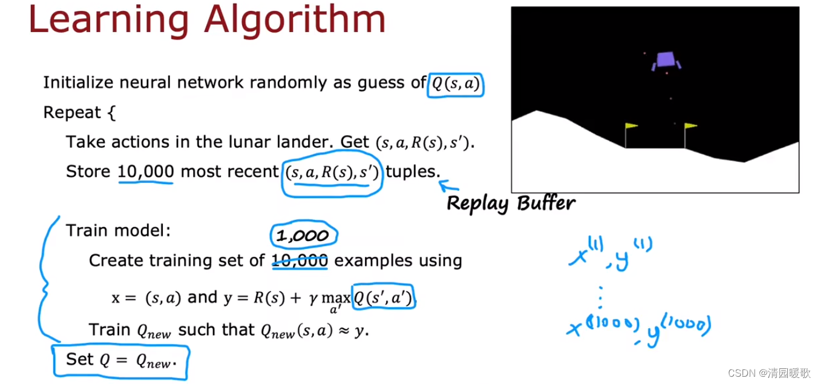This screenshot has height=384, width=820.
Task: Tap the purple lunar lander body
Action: click(665, 59)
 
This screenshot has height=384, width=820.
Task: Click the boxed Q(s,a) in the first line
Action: click(456, 84)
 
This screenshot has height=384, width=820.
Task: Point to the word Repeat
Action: click(72, 112)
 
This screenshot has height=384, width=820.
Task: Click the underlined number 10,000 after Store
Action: click(146, 171)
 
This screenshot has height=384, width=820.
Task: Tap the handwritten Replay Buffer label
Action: click(511, 204)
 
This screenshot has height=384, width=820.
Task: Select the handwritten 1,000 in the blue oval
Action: click(303, 235)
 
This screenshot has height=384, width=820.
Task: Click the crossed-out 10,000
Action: click(300, 261)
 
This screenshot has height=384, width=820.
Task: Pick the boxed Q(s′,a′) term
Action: click(383, 297)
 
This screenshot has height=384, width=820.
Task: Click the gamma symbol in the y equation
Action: click(313, 299)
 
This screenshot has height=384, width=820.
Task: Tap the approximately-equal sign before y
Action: click(343, 331)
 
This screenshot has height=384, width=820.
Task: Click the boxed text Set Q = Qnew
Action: click(121, 360)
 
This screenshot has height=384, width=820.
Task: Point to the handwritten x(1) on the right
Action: click(586, 252)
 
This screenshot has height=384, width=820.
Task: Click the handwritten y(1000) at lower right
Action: click(677, 329)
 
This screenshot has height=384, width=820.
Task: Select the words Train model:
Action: click(118, 231)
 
